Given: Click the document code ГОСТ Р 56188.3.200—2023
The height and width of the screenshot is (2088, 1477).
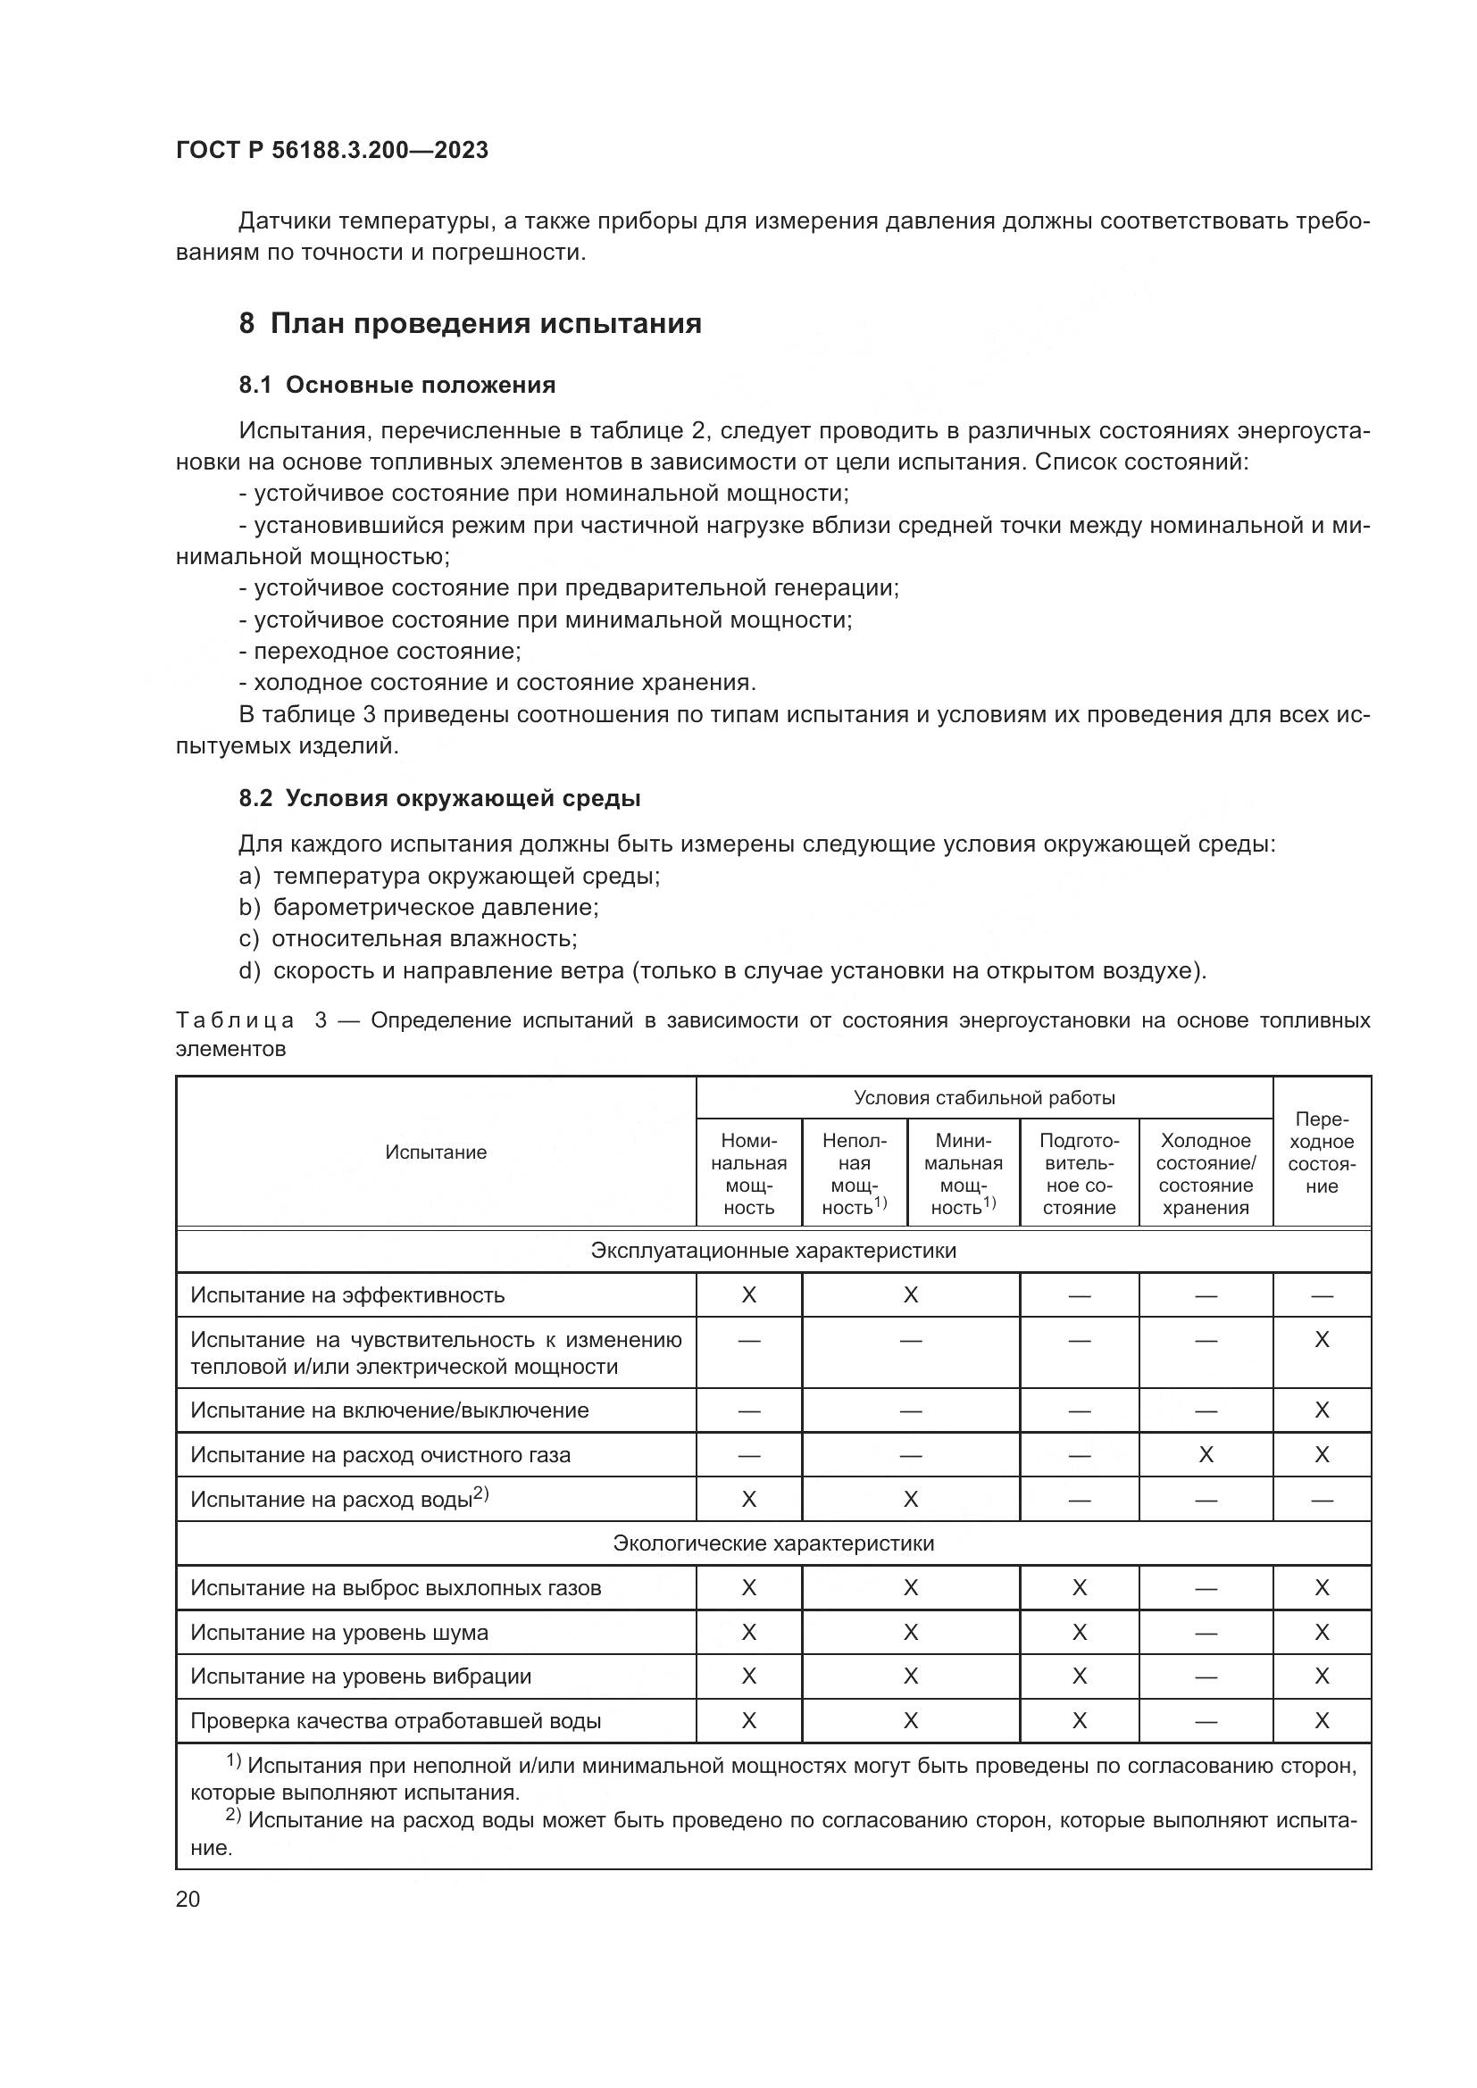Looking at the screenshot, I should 332,150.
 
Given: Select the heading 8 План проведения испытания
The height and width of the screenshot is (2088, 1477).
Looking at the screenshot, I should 471,324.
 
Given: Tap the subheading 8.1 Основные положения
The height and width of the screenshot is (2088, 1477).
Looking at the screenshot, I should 397,385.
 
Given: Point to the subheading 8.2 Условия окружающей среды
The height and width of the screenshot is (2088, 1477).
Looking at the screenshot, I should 439,798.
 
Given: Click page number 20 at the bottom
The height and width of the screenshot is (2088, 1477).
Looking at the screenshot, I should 188,1899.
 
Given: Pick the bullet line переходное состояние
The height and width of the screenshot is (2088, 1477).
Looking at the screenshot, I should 380,651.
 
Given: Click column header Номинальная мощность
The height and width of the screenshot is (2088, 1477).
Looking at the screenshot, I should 748,1173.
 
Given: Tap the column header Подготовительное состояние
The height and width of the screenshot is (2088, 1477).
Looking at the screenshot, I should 1079,1173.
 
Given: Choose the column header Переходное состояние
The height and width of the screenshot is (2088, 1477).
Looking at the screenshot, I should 1322,1152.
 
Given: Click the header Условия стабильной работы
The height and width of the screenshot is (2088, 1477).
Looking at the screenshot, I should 984,1098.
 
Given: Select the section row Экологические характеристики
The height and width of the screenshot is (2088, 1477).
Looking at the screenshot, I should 773,1543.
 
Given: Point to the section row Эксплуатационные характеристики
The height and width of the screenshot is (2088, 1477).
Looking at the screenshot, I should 773,1251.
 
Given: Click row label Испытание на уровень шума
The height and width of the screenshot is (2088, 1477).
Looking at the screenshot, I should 339,1633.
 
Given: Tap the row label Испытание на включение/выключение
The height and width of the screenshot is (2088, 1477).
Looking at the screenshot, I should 389,1410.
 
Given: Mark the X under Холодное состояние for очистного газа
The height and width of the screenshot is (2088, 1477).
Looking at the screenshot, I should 1206,1455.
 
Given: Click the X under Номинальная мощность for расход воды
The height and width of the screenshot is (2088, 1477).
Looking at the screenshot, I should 748,1499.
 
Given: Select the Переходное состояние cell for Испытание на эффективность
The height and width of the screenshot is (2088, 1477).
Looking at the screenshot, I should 1322,1295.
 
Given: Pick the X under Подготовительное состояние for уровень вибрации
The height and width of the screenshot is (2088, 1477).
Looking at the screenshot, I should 1079,1676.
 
